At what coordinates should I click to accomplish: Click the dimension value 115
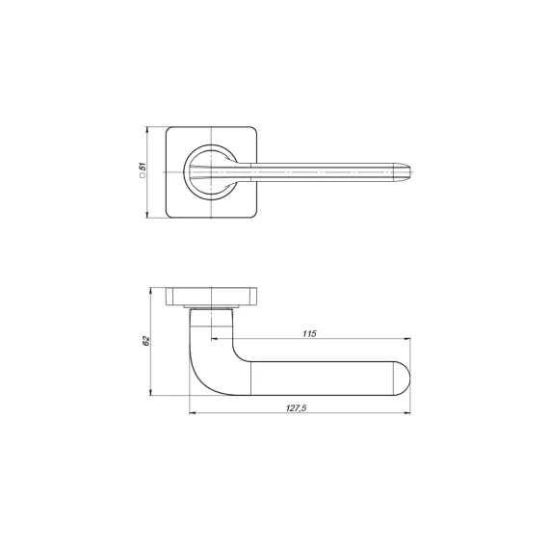309,333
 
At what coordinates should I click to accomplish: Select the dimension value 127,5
297,408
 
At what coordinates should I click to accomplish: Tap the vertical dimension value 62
146,341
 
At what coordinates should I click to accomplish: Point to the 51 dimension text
143,167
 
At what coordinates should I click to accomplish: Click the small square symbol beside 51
143,175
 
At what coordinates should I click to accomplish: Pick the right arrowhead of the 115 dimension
407,339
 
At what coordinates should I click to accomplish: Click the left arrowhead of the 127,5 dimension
193,413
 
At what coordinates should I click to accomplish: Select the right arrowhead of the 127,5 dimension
407,413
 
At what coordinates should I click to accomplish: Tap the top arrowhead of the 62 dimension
150,291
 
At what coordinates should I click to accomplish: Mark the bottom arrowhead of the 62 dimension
150,393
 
